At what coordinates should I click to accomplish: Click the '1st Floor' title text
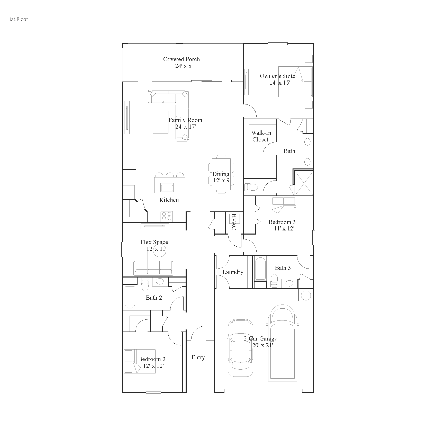[x=19, y=19]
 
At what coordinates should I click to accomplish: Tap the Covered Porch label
[x=181, y=59]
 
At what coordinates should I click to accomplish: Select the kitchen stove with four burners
[x=167, y=216]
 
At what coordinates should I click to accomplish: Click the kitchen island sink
[x=167, y=187]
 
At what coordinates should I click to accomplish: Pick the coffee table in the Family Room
[x=160, y=122]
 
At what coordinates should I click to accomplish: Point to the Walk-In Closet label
[x=261, y=136]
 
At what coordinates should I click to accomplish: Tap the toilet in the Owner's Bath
[x=251, y=187]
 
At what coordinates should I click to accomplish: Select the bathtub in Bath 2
[x=130, y=297]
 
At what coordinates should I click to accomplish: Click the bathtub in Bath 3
[x=260, y=268]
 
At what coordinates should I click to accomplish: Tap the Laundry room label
[x=233, y=272]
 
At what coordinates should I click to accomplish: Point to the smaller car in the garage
[x=240, y=348]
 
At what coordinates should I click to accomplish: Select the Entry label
[x=198, y=357]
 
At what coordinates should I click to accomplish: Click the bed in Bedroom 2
[x=140, y=361]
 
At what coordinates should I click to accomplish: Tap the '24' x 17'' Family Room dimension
[x=186, y=127]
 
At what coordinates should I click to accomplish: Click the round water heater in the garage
[x=306, y=295]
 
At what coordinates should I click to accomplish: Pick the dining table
[x=221, y=174]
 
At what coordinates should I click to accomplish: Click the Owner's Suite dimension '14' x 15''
[x=280, y=83]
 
